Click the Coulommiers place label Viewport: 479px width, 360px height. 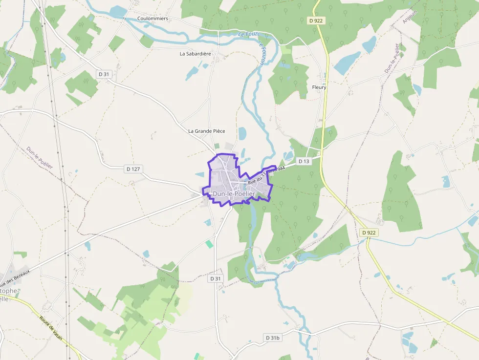152,19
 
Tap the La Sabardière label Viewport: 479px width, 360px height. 196,54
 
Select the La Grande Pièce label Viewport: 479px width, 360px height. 207,131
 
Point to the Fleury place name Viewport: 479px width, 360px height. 319,87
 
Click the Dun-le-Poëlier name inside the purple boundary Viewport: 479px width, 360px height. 234,194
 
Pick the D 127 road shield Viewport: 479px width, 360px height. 133,169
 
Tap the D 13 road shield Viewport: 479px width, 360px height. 304,161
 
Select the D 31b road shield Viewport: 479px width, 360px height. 273,338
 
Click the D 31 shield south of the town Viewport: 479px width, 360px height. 216,278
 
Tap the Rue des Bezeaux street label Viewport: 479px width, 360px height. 15,278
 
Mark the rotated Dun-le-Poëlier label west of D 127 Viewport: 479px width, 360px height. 40,158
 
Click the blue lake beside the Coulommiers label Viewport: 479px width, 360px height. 118,12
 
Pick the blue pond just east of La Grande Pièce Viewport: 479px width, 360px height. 242,133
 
